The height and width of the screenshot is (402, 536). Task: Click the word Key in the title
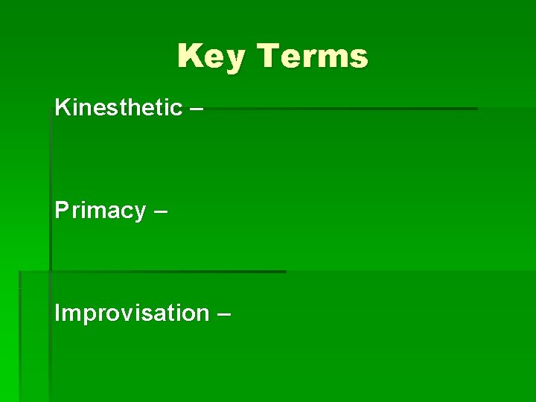pos(211,57)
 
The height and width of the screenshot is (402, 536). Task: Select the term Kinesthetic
pos(118,108)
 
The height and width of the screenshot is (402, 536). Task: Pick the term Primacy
pos(100,211)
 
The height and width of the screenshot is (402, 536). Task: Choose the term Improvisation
pos(132,313)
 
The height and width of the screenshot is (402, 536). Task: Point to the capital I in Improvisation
pos(57,313)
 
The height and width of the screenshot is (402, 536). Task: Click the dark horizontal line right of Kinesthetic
pos(342,109)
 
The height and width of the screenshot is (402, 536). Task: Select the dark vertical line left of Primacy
pos(50,211)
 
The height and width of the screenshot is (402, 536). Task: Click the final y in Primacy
pos(140,214)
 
